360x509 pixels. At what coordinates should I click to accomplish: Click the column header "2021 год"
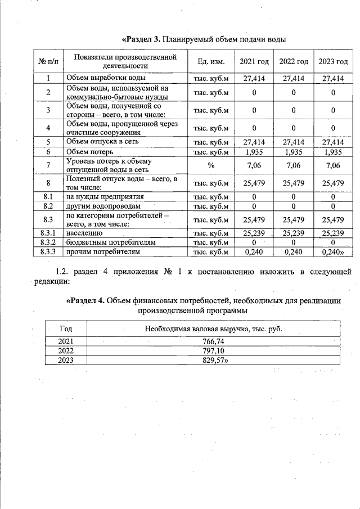254,61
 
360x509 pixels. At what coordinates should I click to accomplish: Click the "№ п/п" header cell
48,61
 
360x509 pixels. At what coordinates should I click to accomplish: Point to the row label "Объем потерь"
90,152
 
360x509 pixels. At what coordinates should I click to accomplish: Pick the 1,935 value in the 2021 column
254,152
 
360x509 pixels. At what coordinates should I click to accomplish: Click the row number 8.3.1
48,232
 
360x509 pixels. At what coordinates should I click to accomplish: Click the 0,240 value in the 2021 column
254,252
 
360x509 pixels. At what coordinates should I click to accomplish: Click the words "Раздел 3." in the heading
143,39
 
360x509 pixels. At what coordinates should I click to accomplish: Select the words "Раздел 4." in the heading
87,300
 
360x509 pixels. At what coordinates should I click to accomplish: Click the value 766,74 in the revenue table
205,341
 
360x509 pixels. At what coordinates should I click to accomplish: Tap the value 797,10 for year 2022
205,350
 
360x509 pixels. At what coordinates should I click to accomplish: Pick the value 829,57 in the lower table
205,360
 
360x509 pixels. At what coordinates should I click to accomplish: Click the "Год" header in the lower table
66,328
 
